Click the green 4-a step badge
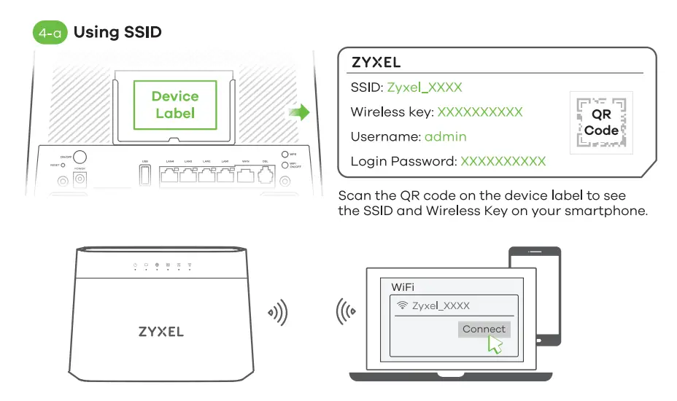click(51, 33)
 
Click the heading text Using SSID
click(117, 32)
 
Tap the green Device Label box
click(174, 105)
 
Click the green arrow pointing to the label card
click(298, 112)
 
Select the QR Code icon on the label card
click(601, 122)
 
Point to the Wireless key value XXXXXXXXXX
click(479, 112)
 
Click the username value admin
click(445, 136)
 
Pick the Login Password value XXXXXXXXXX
click(503, 161)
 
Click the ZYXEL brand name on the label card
click(376, 63)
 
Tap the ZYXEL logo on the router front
click(161, 332)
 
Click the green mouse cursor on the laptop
click(495, 345)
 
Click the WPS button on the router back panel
click(286, 155)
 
